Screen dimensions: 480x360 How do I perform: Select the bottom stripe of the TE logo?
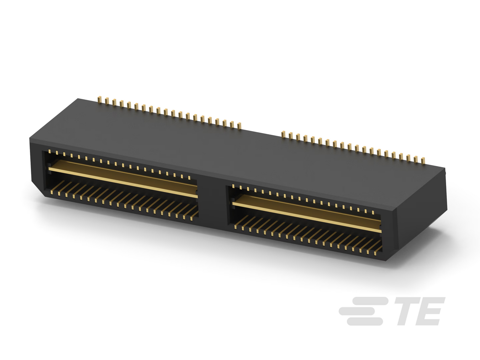pos(365,321)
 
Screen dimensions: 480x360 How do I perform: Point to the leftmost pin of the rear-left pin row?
pos(99,99)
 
